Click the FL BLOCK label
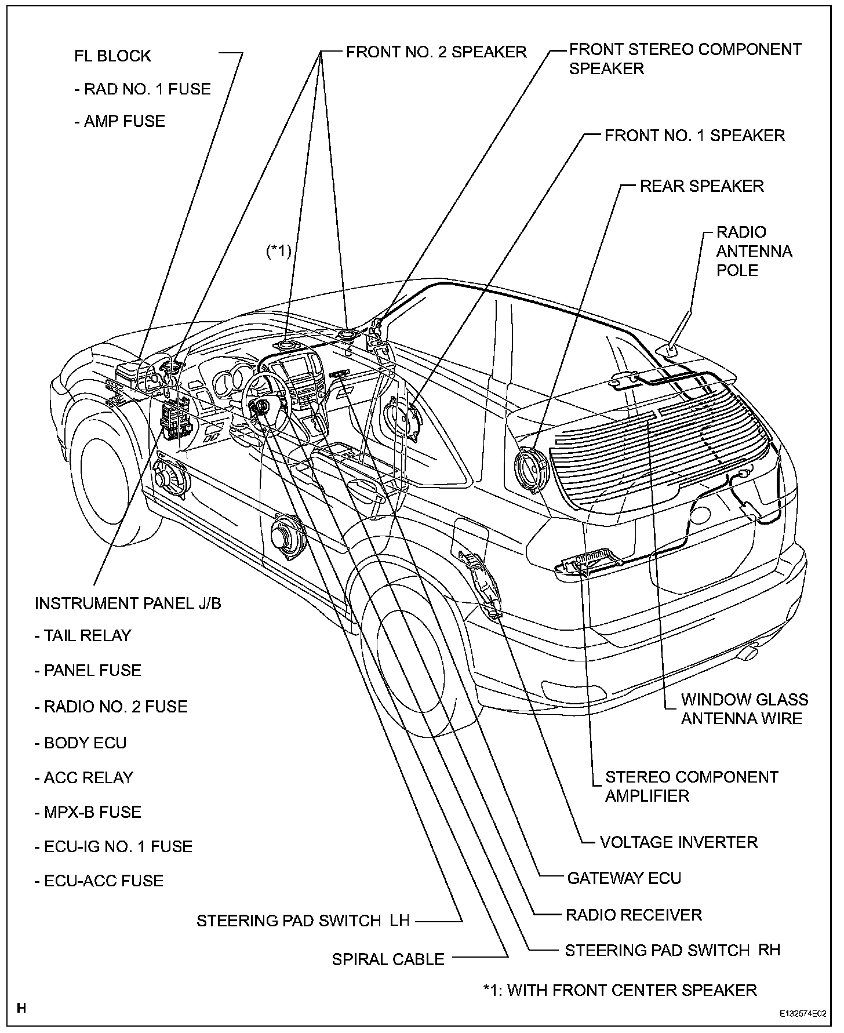click(x=112, y=56)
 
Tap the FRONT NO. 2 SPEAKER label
click(x=436, y=52)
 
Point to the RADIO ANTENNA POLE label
click(x=754, y=251)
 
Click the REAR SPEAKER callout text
click(x=701, y=186)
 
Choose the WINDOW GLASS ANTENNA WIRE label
click(x=744, y=709)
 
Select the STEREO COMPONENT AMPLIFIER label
click(x=691, y=786)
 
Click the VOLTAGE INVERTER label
click(x=678, y=842)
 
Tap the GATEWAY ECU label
click(x=624, y=878)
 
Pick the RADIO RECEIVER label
click(x=633, y=915)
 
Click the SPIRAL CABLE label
click(x=388, y=959)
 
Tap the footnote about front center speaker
click(x=620, y=990)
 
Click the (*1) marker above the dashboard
click(x=278, y=252)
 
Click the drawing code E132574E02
click(x=803, y=1014)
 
